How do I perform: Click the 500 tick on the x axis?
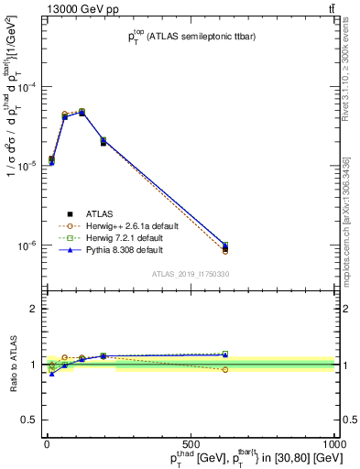click(x=191, y=444)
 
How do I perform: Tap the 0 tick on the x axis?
click(x=46, y=444)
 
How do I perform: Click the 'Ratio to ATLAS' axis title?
click(x=11, y=365)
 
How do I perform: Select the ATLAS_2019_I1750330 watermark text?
click(x=191, y=274)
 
